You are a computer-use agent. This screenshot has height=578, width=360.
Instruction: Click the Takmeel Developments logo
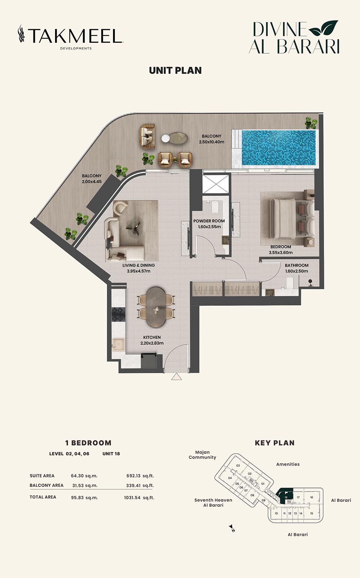coord(71,37)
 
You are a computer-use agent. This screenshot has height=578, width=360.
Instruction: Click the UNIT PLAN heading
coord(175,71)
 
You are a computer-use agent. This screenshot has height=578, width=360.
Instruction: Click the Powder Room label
coord(209,221)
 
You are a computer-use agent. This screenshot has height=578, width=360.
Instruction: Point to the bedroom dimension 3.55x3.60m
coord(280,252)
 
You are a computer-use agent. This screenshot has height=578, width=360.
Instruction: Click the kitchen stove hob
coord(118,314)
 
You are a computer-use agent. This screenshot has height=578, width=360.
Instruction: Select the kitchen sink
coord(118,345)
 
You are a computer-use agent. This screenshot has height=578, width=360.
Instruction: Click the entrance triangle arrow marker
coord(176,377)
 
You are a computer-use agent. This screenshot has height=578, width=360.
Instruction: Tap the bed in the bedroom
coord(291,218)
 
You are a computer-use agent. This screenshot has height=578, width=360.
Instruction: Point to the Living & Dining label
coord(139,265)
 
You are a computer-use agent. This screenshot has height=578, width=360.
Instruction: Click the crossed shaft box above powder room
coord(216,184)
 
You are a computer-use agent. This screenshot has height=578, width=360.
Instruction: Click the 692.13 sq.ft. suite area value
coord(140,476)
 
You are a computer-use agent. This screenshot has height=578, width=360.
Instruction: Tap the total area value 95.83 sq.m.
coord(84,498)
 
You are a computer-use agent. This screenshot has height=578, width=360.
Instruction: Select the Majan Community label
coord(202,455)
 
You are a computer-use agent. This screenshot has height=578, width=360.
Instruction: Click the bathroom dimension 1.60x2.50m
coord(297,271)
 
